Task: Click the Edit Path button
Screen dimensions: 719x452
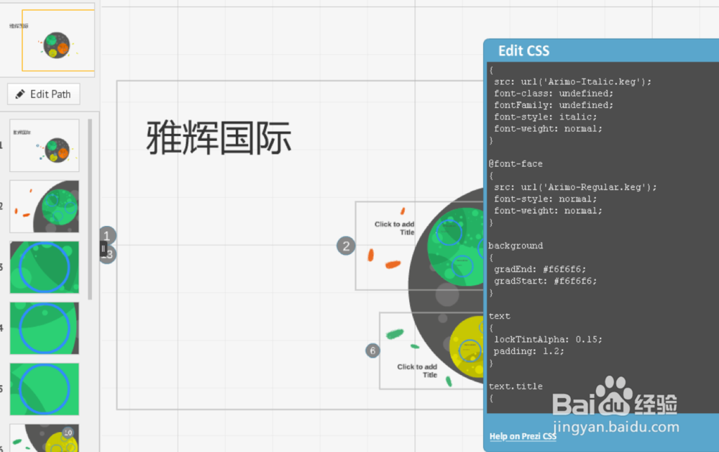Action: click(x=43, y=94)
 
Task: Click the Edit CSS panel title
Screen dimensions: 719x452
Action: click(x=523, y=51)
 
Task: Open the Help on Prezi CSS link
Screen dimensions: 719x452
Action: click(x=523, y=436)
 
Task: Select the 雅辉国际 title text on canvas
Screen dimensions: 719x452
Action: click(x=219, y=137)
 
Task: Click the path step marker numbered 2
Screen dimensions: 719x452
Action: click(x=346, y=246)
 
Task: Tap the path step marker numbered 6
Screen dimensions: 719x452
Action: click(x=372, y=351)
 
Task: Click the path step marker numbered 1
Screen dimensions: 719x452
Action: click(x=107, y=235)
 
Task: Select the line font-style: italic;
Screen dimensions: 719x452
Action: click(x=545, y=117)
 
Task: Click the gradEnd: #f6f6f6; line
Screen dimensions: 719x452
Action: click(x=540, y=269)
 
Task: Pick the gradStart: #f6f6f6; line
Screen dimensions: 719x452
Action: click(x=545, y=281)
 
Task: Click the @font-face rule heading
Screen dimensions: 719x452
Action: click(x=516, y=164)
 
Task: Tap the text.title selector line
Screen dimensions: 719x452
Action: click(x=516, y=387)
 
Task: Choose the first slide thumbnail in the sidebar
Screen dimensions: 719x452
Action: click(x=45, y=145)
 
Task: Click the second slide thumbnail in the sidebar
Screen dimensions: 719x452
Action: click(x=45, y=207)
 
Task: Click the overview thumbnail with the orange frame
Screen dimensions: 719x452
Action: click(x=58, y=41)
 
